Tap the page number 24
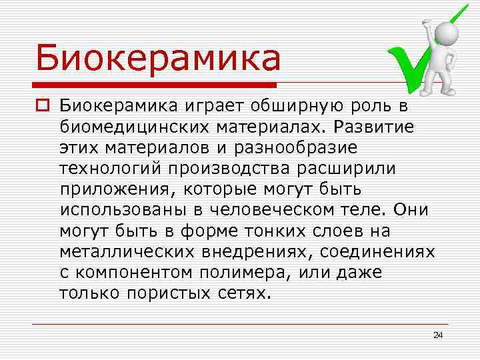438,334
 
